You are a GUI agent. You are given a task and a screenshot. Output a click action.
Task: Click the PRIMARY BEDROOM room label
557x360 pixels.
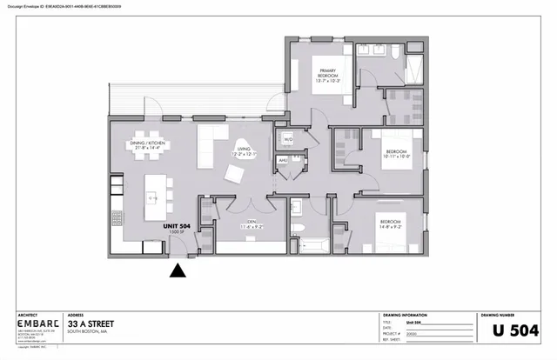327,76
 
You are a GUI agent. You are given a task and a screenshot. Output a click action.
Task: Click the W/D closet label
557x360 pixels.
287,138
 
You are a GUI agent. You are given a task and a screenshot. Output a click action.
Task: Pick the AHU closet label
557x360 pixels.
283,161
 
